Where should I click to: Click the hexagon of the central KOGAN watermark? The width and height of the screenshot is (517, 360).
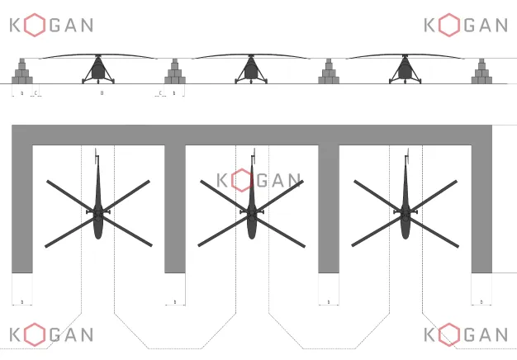tap(243, 180)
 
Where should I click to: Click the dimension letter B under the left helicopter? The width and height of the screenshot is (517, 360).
tap(102, 93)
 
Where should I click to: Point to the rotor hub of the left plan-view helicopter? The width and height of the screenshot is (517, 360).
tap(98, 213)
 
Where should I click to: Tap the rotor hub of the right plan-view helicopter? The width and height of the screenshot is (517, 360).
tap(405, 213)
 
